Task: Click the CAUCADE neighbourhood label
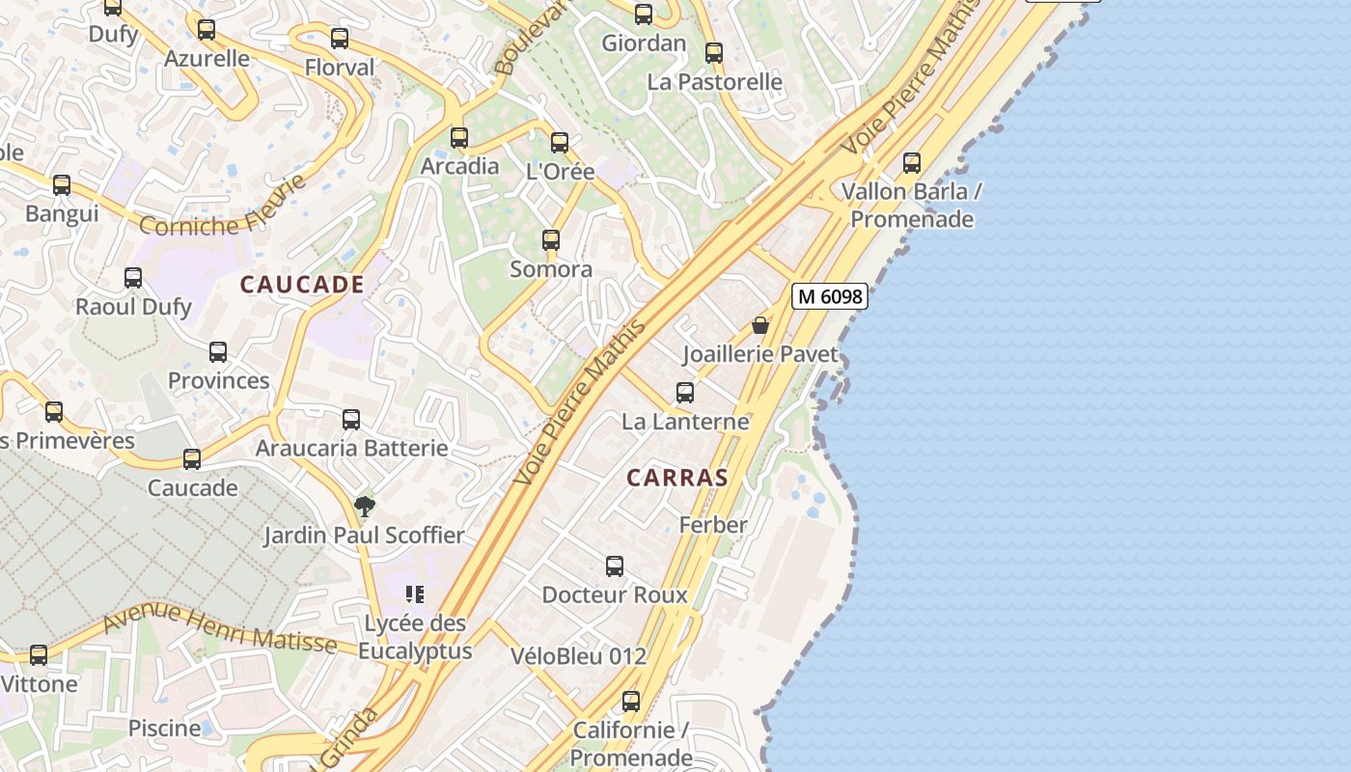[x=302, y=285]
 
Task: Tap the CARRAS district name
[x=676, y=478]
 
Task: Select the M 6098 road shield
[x=830, y=296]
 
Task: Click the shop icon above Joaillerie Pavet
[x=760, y=325]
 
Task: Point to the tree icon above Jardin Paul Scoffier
[x=365, y=506]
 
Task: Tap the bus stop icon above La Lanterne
[x=685, y=393]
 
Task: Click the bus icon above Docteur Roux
[x=615, y=566]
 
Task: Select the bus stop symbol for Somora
[x=551, y=240]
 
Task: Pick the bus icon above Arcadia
[x=459, y=137]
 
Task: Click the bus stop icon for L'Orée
[x=560, y=143]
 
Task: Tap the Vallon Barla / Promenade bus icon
[x=912, y=163]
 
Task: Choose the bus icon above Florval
[x=340, y=39]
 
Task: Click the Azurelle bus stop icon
[x=207, y=30]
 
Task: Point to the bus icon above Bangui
[x=62, y=184]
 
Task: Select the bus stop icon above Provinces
[x=218, y=352]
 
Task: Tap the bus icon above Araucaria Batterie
[x=351, y=420]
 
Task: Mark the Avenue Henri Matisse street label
[x=220, y=627]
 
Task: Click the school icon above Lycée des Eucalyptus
[x=415, y=593]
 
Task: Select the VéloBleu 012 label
[x=578, y=656]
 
